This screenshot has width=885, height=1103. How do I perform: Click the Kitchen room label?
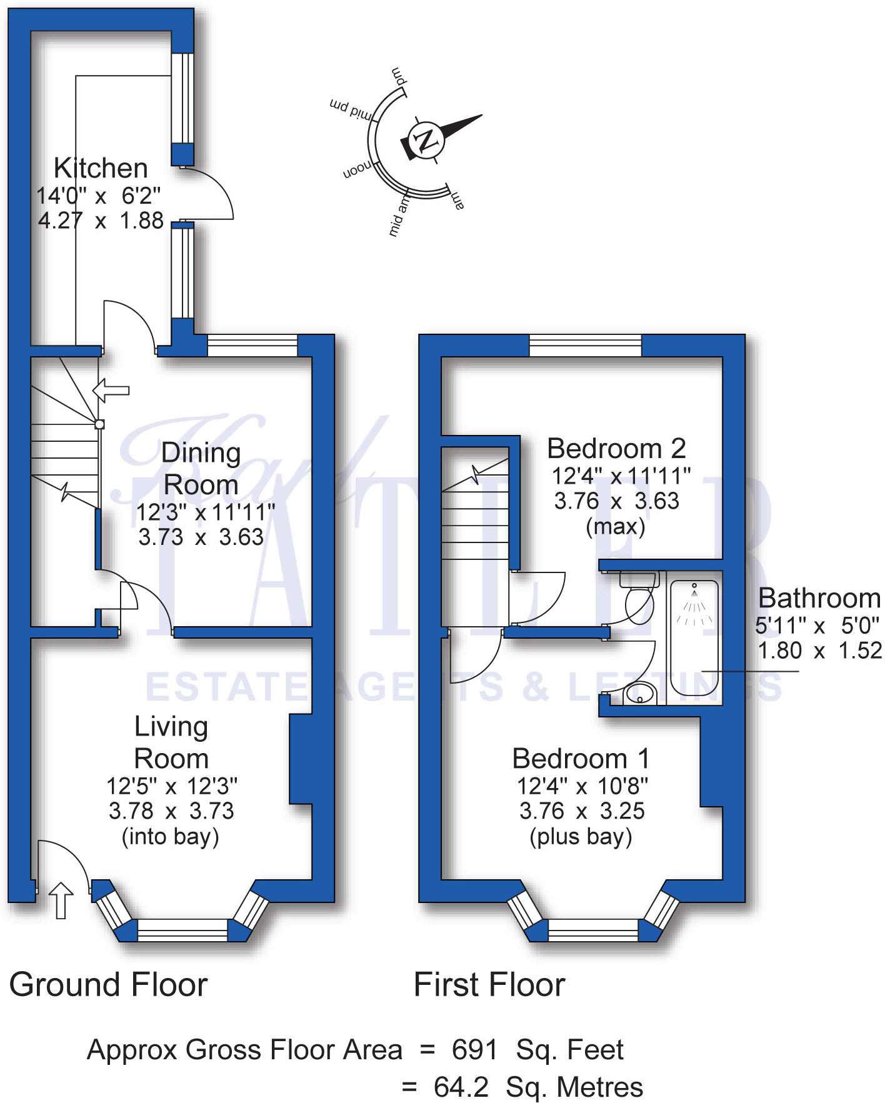point(101,168)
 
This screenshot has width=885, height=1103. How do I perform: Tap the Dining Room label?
point(201,469)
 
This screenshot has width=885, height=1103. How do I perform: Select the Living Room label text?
point(171,742)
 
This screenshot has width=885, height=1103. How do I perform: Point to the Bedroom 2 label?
point(616,449)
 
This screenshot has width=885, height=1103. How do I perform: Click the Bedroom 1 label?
point(581,759)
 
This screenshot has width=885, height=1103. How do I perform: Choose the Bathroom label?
point(819,599)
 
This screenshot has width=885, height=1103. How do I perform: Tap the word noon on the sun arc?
point(357,169)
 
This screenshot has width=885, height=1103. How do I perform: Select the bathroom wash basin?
point(639,693)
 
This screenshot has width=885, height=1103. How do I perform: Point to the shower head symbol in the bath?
point(694,587)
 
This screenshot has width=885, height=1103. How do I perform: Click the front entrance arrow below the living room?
point(61,901)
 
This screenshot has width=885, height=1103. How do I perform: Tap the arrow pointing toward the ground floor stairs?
point(111,391)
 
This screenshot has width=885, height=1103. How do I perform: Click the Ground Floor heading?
point(108,985)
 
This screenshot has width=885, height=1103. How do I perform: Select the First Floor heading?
point(489,985)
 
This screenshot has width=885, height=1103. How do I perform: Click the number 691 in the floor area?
point(474,1050)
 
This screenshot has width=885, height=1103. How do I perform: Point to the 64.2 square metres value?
point(461,1087)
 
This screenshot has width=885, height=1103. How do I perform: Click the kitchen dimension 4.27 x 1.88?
point(101,221)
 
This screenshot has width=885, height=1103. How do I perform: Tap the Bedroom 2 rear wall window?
point(585,345)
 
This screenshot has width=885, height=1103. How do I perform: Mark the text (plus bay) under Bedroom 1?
point(581,836)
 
